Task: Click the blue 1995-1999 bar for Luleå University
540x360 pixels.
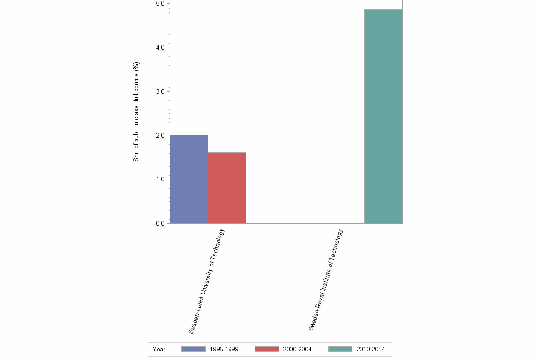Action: point(189,179)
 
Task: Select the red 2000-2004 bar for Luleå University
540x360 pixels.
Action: point(227,188)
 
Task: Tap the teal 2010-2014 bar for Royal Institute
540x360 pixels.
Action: point(383,116)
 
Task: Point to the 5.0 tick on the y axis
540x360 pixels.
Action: point(160,4)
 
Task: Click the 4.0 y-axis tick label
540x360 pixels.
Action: point(160,48)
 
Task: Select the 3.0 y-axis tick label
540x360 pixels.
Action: point(160,91)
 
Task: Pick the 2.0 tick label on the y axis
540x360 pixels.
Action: point(160,136)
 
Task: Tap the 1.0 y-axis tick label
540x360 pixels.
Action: point(160,180)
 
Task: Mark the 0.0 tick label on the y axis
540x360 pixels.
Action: point(160,223)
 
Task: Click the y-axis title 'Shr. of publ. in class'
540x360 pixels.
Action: point(136,112)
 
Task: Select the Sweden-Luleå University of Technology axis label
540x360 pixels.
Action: point(206,280)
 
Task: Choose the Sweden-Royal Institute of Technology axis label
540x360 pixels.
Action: point(326,280)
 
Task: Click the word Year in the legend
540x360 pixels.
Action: point(159,350)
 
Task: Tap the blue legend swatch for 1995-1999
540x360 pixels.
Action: point(193,350)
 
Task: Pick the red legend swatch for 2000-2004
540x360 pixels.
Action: point(267,350)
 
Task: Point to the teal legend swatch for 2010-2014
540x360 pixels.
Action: point(340,350)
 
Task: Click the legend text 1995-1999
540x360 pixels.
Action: point(224,350)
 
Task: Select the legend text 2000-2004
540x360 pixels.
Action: point(297,350)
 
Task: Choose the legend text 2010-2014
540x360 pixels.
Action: point(370,350)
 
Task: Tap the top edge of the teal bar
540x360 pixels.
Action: point(383,10)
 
